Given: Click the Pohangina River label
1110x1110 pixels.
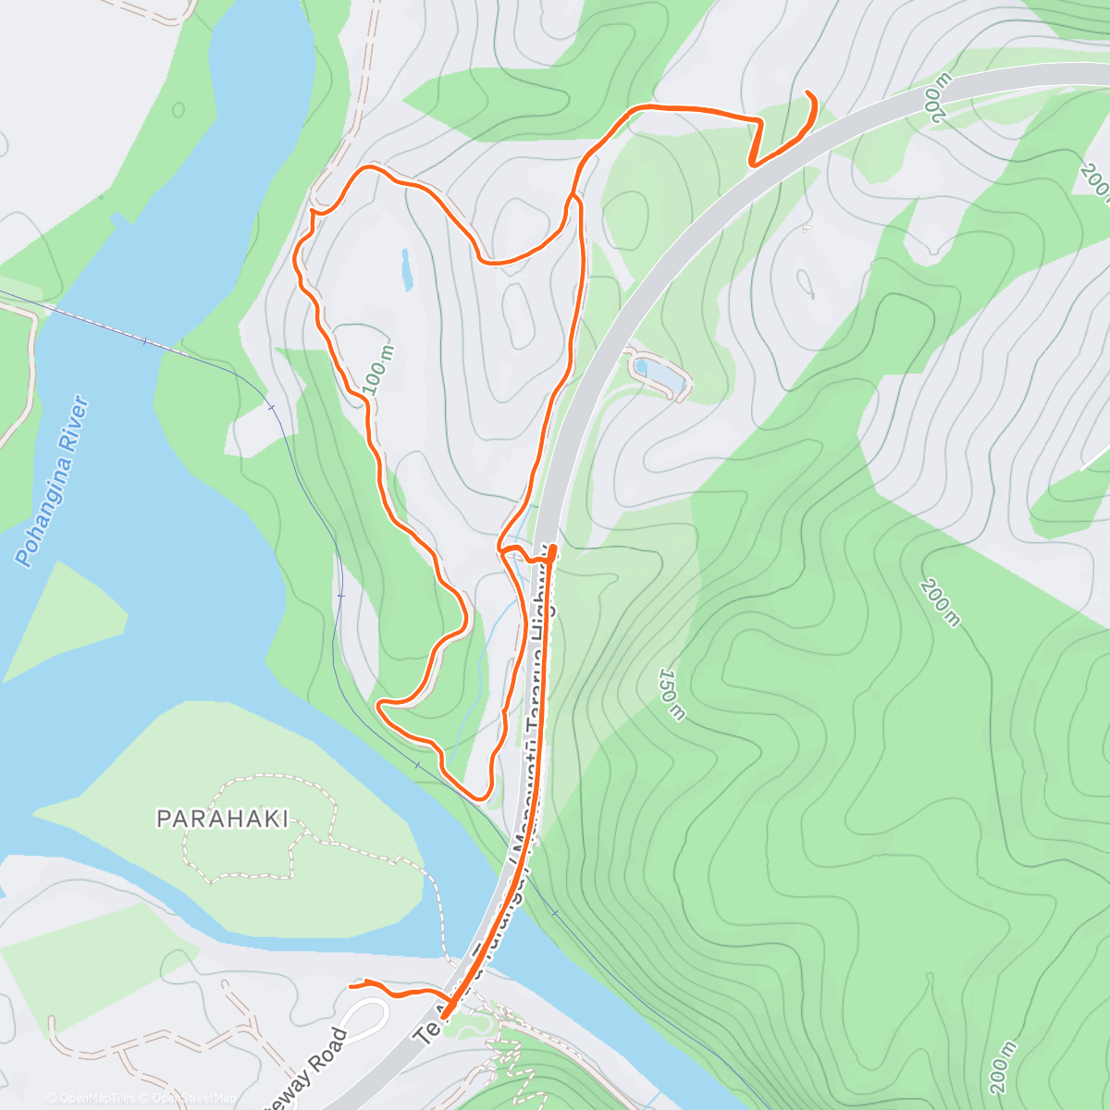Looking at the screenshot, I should [x=54, y=482].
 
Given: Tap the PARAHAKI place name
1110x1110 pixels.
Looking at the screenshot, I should [x=223, y=819].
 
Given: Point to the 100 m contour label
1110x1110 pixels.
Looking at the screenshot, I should [x=379, y=370].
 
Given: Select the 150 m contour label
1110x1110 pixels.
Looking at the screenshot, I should [x=673, y=693].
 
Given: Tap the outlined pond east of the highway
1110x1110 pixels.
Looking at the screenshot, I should [x=661, y=374].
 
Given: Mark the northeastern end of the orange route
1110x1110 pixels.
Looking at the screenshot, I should [x=808, y=93].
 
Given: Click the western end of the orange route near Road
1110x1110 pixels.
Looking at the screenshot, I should [x=351, y=986].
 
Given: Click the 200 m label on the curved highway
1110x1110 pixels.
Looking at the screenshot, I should [x=935, y=98].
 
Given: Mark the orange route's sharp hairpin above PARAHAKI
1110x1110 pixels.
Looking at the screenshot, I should [x=380, y=706].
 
